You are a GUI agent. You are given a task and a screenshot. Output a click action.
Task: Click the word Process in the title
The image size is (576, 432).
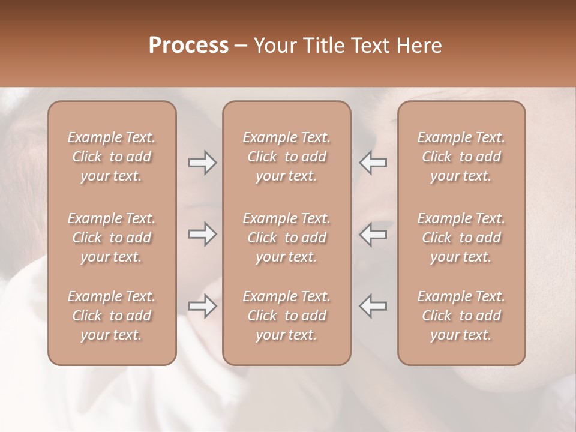(x=188, y=46)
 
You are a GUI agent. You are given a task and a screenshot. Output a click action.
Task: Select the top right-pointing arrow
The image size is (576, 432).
(x=202, y=163)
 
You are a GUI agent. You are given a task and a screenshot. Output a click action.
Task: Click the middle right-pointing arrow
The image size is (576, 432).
(x=202, y=234)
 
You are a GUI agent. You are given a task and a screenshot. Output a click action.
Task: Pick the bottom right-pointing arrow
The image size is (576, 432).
(x=202, y=306)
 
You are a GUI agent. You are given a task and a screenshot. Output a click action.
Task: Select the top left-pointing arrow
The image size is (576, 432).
(x=373, y=163)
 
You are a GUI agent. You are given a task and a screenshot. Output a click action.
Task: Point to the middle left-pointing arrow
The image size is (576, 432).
(x=373, y=234)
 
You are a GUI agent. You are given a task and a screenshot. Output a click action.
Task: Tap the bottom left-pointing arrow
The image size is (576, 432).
(x=373, y=306)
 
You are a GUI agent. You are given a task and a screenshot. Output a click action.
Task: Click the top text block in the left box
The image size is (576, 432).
(x=112, y=157)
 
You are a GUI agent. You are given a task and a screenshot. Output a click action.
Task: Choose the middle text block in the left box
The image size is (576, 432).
(x=112, y=238)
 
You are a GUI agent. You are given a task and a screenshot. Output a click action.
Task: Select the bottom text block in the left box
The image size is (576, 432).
(x=112, y=316)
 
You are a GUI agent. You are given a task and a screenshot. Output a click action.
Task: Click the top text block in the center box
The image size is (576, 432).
(x=287, y=157)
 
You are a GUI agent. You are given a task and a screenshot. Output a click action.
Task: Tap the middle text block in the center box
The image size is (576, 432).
(x=287, y=238)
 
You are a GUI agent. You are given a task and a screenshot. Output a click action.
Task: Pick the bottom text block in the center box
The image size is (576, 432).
(x=287, y=316)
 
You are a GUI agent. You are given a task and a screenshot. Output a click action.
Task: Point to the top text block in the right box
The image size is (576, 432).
(x=461, y=157)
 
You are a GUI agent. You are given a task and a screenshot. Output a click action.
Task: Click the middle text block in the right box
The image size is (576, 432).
(x=461, y=238)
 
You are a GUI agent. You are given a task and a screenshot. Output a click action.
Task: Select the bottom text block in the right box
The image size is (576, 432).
(x=461, y=316)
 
